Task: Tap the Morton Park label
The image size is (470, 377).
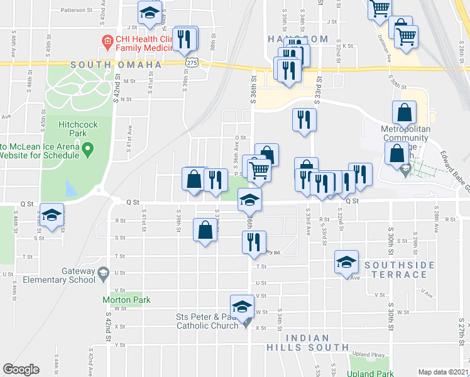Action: [x=126, y=300]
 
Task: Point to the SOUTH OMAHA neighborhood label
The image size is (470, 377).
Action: [x=116, y=65]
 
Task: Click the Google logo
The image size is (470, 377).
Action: [x=21, y=369]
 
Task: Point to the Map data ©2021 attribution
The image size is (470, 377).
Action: [x=443, y=372]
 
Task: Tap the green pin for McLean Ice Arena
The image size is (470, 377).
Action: [x=87, y=150]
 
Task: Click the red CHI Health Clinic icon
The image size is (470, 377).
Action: [x=108, y=41]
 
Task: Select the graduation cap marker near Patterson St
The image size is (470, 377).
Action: [x=150, y=13]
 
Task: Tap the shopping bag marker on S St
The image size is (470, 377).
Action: [x=205, y=230]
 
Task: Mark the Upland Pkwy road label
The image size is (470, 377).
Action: [x=369, y=355]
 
